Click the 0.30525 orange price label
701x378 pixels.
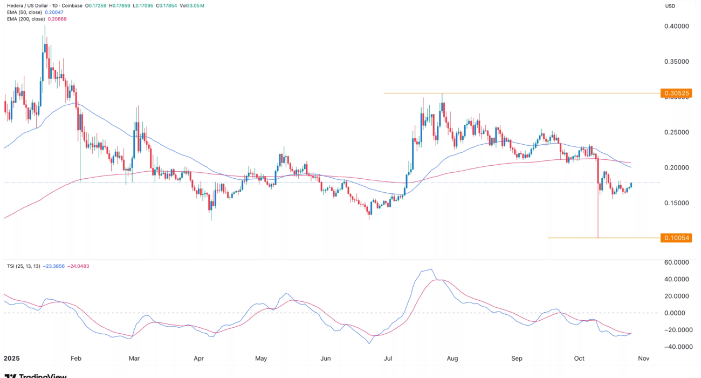[676, 93]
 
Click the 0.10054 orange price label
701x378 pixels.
[676, 238]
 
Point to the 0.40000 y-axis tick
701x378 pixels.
[676, 26]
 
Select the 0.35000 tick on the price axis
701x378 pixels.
[676, 62]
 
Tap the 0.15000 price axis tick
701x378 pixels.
[676, 203]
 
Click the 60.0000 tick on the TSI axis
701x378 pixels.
[676, 262]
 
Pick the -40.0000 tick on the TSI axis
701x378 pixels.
[676, 347]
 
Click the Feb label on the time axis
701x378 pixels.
[75, 359]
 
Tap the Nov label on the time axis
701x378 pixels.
[643, 359]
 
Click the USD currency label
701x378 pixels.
[670, 6]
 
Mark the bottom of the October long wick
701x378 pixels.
[598, 238]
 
